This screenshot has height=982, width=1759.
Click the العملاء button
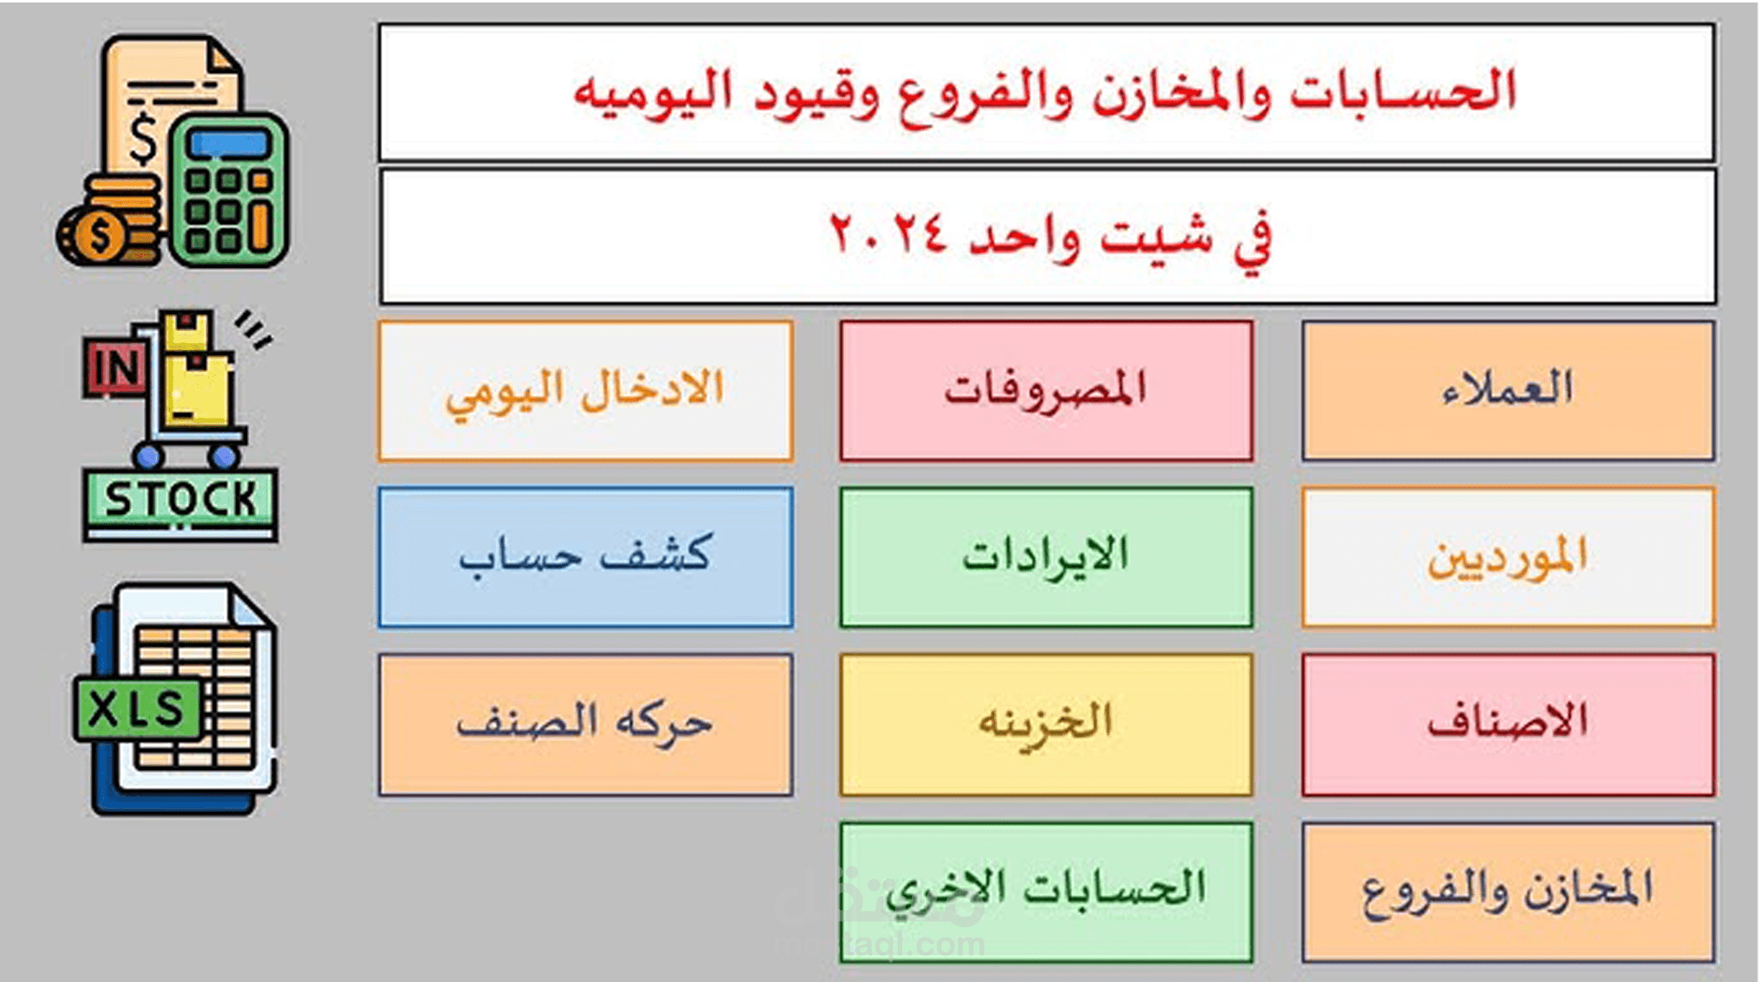pyautogui.click(x=1508, y=390)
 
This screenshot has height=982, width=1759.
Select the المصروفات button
pyautogui.click(x=1046, y=390)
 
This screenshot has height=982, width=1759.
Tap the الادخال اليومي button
pyautogui.click(x=585, y=390)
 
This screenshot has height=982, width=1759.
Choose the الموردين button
pyautogui.click(x=1508, y=557)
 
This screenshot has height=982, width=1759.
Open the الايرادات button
pyautogui.click(x=1046, y=557)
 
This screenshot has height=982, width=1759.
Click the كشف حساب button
pyautogui.click(x=585, y=557)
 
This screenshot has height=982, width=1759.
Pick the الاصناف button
pyautogui.click(x=1508, y=724)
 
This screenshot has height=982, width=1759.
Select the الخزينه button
pyautogui.click(x=1046, y=724)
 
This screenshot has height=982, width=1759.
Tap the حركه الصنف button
pyautogui.click(x=585, y=724)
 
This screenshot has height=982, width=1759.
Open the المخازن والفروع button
pyautogui.click(x=1508, y=892)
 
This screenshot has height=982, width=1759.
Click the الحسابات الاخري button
pyautogui.click(x=1046, y=892)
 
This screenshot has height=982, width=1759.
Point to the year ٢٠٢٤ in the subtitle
pyautogui.click(x=888, y=234)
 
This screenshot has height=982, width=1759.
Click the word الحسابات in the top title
pyautogui.click(x=1403, y=90)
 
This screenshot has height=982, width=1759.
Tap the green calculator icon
pyautogui.click(x=229, y=189)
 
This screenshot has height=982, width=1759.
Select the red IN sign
pyautogui.click(x=115, y=368)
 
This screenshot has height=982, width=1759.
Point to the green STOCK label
pyautogui.click(x=180, y=500)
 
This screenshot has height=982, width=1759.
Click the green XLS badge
pyautogui.click(x=137, y=709)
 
